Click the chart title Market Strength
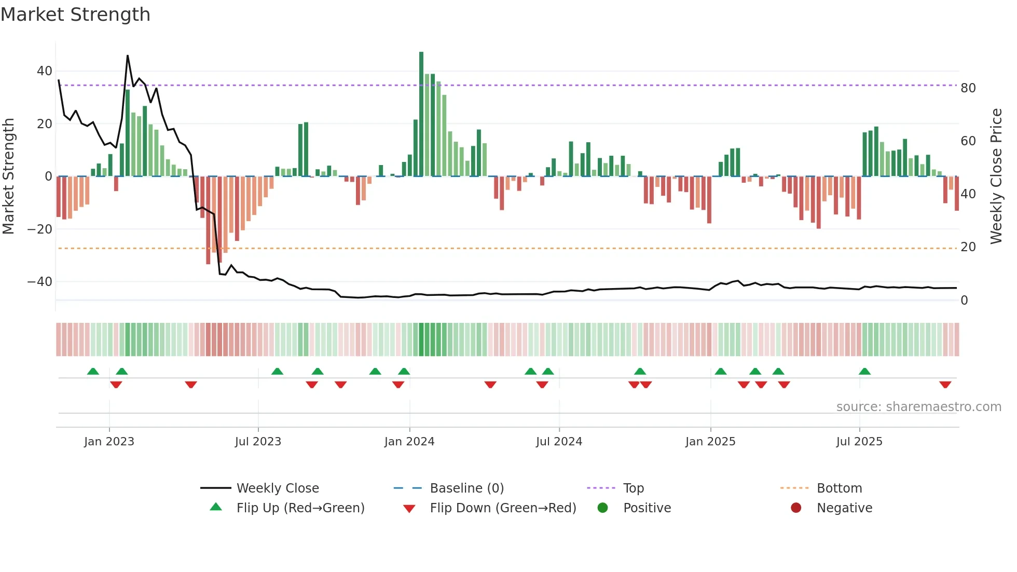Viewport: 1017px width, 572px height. point(76,15)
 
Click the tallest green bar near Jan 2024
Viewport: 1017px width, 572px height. point(421,114)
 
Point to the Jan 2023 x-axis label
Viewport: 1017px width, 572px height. point(109,442)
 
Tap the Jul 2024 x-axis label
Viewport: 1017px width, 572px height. point(559,442)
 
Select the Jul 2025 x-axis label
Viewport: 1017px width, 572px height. point(859,442)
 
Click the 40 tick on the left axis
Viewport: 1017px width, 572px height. point(45,71)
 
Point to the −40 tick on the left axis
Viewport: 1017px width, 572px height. point(40,282)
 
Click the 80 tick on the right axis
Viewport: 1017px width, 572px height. point(968,88)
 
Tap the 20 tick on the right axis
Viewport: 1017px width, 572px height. point(968,247)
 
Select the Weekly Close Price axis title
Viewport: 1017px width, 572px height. point(996,176)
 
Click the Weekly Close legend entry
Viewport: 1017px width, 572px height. point(278,488)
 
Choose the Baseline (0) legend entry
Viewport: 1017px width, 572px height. point(466,488)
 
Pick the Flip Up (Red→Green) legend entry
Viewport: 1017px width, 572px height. point(300,508)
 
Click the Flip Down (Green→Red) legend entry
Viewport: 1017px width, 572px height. point(503,508)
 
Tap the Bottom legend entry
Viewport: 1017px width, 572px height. point(839,488)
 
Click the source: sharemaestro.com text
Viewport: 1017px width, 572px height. point(918,407)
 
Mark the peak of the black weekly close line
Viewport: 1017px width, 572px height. point(128,56)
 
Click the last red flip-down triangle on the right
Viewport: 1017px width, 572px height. point(945,385)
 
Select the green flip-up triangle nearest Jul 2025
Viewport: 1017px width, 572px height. point(864,371)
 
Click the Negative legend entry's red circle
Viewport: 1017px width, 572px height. point(796,508)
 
